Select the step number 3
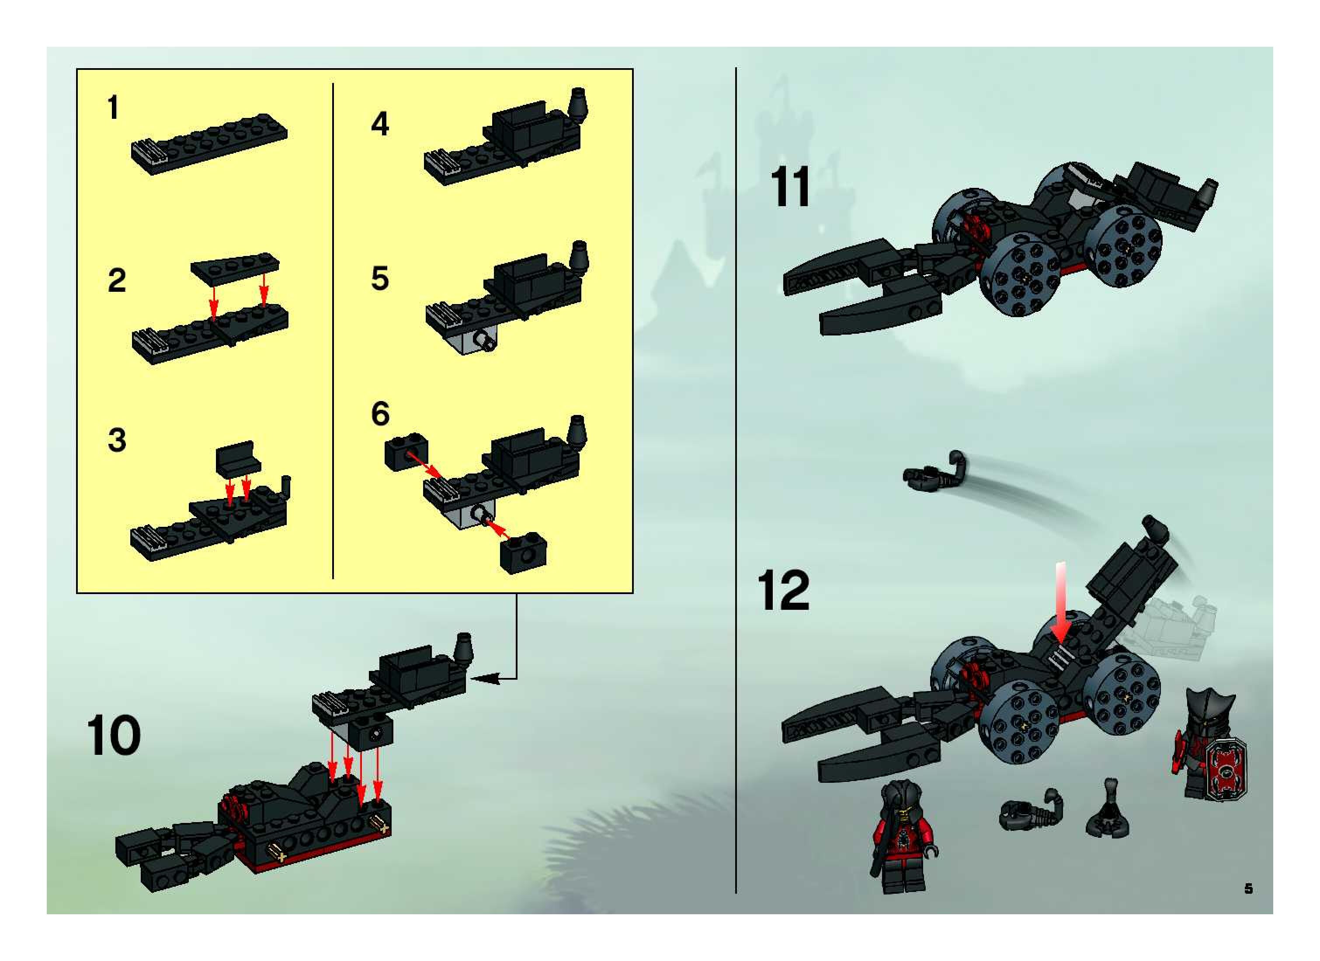coord(117,440)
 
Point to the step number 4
coord(380,124)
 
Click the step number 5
coord(380,279)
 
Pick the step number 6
coord(380,414)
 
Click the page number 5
coord(1248,888)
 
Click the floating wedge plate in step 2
coord(235,268)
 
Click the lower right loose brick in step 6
coord(523,552)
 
